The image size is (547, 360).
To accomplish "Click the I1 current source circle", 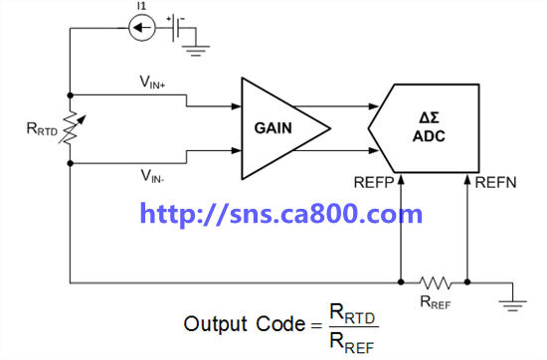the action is click(142, 28).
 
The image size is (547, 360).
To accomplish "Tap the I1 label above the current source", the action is click(141, 6).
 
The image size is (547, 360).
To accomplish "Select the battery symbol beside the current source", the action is click(176, 27).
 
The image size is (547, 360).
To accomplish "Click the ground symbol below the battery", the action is click(196, 51).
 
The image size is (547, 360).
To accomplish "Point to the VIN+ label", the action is click(152, 83).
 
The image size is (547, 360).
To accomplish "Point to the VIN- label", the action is click(152, 176).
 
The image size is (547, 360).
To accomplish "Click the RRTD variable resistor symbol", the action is click(72, 128).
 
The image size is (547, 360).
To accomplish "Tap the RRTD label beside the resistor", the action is click(42, 128).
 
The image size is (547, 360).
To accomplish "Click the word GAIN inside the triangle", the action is click(273, 128).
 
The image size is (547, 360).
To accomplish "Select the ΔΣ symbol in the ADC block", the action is click(429, 117).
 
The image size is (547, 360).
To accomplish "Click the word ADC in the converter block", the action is click(429, 136).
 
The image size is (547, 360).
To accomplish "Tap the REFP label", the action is click(374, 182).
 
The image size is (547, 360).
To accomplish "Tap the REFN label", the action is click(495, 182).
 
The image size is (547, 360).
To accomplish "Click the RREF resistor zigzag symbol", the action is click(435, 282).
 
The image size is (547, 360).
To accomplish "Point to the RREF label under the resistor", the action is click(436, 302).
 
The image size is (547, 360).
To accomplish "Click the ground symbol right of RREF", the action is click(513, 304).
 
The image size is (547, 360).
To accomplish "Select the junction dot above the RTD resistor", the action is click(71, 94).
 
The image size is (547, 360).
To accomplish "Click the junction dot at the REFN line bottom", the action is click(467, 281).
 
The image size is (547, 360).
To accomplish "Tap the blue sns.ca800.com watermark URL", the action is click(281, 213).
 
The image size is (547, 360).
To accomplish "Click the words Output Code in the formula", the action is click(245, 324).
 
